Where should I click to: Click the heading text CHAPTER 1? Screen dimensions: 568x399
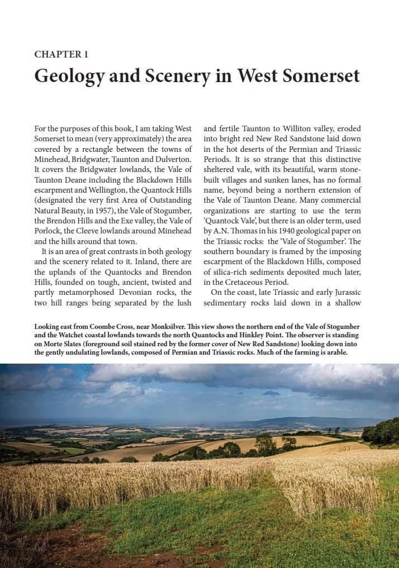point(61,54)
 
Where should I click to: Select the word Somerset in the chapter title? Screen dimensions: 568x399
point(322,75)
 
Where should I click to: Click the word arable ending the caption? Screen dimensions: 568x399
point(335,353)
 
